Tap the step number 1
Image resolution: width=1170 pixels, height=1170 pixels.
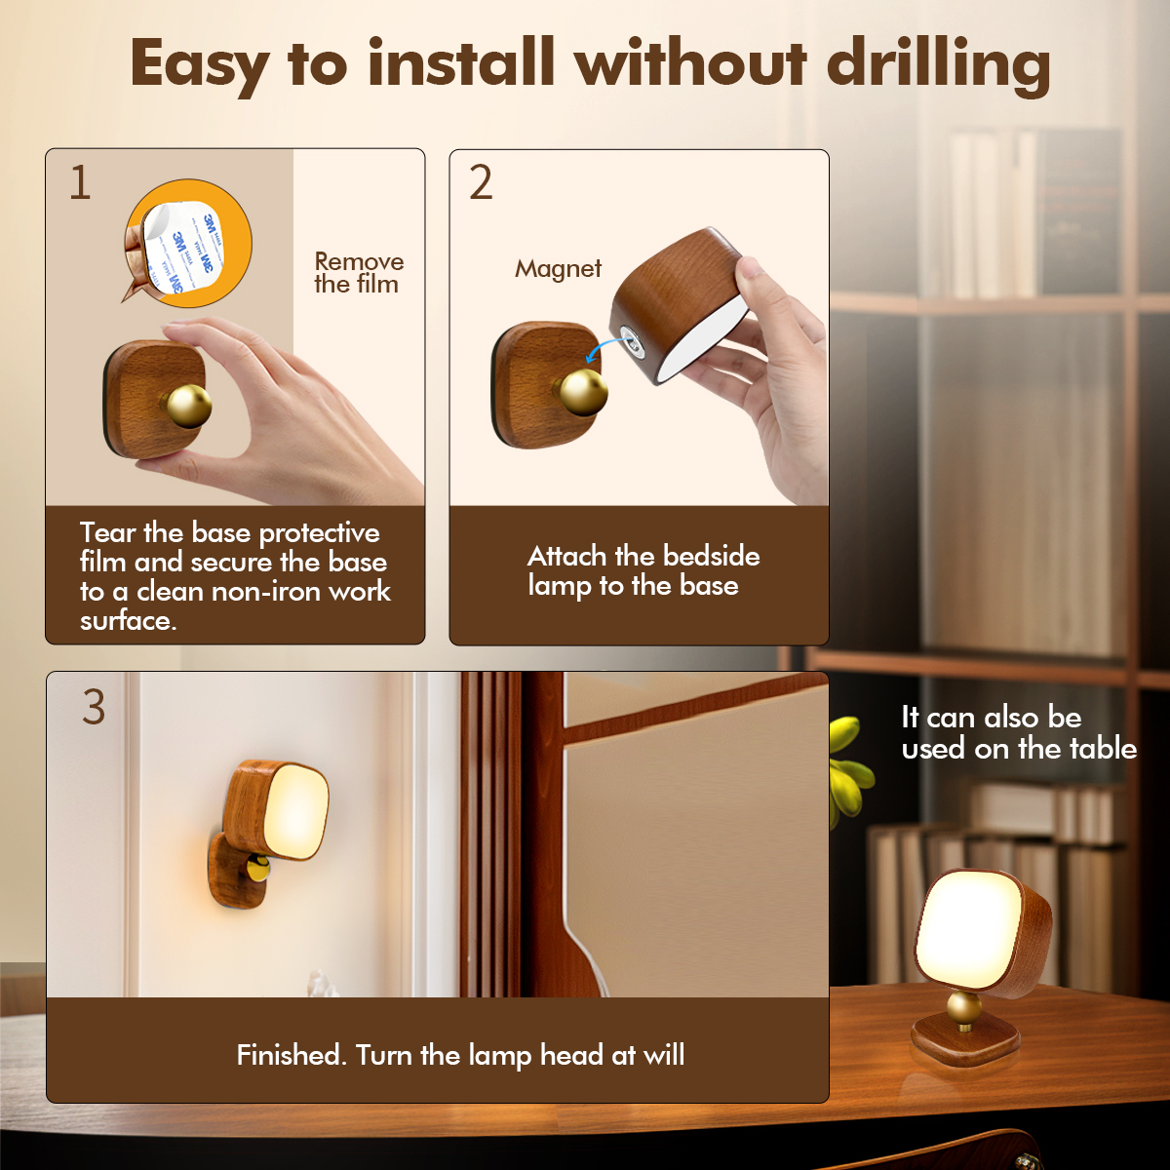point(80,182)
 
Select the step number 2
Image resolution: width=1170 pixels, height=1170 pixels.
point(481,182)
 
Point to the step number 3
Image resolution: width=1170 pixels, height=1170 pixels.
point(94,707)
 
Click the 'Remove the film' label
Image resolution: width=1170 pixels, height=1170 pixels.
point(359,273)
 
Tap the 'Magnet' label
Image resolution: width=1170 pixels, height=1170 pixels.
point(558,268)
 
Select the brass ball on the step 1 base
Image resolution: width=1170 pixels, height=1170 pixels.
point(188,406)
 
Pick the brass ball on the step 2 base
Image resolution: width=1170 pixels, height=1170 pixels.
point(583,392)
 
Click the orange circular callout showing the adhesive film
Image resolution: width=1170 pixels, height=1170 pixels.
point(189,243)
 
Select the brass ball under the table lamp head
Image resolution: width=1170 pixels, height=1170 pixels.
point(963,1008)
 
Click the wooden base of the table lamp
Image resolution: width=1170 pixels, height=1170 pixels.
point(964,1045)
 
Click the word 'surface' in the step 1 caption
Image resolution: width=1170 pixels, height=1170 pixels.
point(128,620)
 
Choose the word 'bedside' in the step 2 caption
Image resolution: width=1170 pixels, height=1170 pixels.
point(711,556)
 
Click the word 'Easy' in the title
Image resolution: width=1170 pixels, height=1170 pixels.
point(199,65)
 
